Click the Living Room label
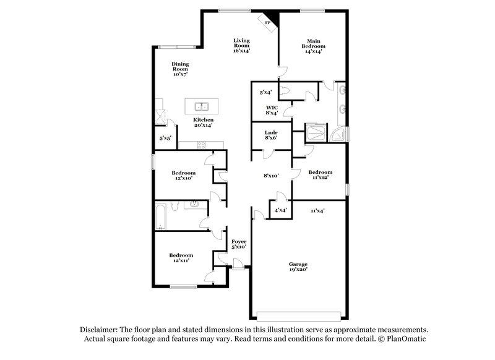click(241, 46)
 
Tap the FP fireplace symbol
click(269, 23)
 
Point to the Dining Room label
click(180, 69)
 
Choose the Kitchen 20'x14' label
click(203, 122)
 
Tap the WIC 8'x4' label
click(272, 110)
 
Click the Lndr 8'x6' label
click(270, 135)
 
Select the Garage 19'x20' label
click(298, 266)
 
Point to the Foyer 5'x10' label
click(239, 244)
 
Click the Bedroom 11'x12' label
click(320, 174)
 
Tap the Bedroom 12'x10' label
click(184, 176)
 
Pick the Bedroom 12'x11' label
click(181, 258)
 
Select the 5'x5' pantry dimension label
click(165, 138)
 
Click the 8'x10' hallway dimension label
click(271, 176)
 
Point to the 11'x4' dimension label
click(317, 210)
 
